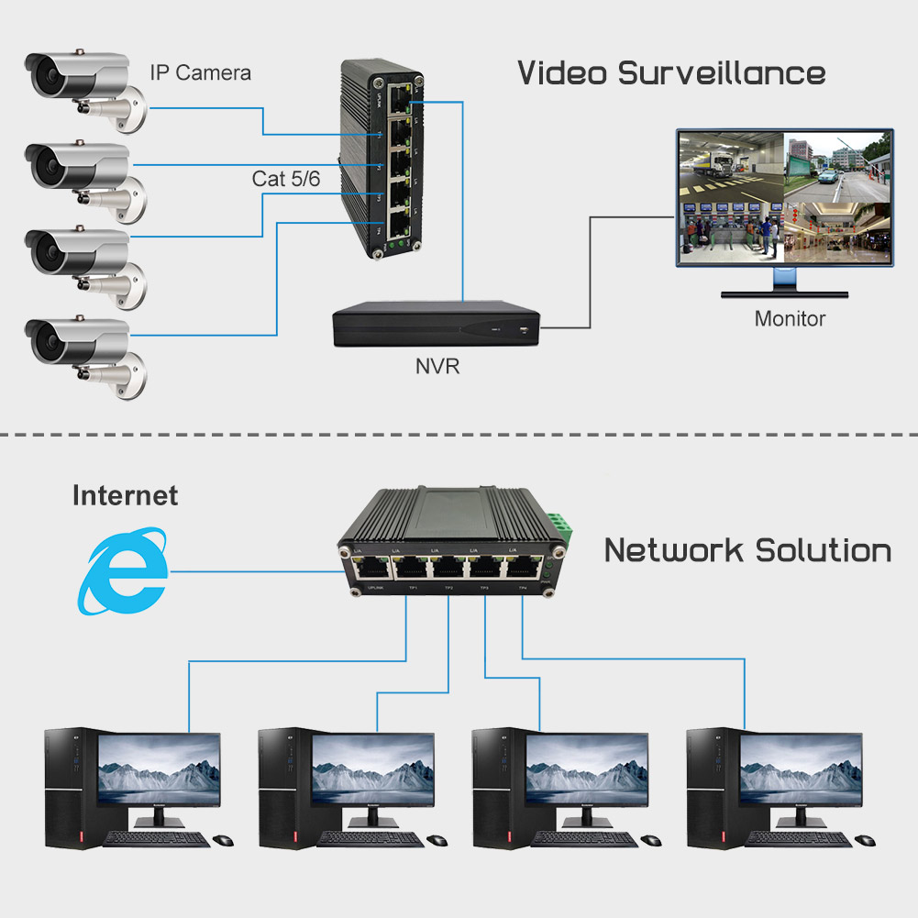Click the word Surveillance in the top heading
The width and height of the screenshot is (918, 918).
coord(722,72)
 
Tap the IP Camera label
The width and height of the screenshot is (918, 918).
coord(200,72)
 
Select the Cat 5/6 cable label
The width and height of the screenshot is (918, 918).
coord(286,179)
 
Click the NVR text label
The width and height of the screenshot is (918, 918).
coord(437,368)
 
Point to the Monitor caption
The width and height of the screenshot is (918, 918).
coord(790,319)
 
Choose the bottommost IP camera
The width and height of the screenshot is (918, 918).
coord(87,353)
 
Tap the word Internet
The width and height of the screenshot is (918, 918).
coord(125,496)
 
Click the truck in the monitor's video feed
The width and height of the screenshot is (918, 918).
coord(719,165)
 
